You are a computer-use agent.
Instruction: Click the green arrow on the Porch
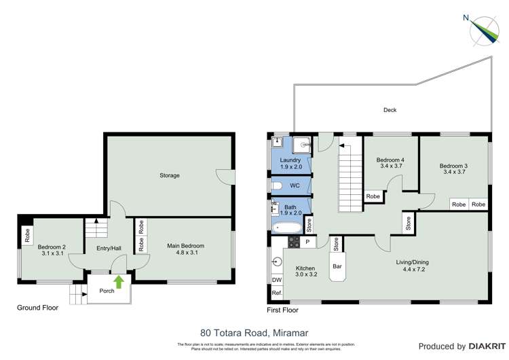119,281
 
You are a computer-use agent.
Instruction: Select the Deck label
390,109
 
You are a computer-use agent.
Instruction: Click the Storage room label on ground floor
170,175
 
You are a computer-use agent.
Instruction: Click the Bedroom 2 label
52,247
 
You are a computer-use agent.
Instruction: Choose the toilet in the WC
276,185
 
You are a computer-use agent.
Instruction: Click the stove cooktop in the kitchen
294,241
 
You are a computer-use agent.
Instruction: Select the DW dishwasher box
276,280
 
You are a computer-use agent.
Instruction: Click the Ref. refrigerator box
276,293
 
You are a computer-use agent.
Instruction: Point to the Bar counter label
337,266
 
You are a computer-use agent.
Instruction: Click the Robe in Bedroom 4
373,196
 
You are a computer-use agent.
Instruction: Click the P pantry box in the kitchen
307,242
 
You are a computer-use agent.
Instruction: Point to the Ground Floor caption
37,308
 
